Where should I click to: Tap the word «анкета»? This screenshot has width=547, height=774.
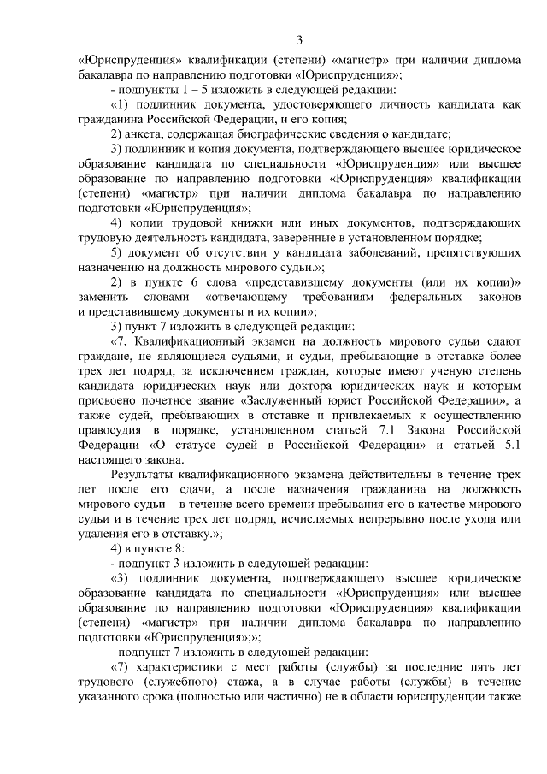click(x=147, y=133)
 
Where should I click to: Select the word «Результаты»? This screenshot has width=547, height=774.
click(x=145, y=476)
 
